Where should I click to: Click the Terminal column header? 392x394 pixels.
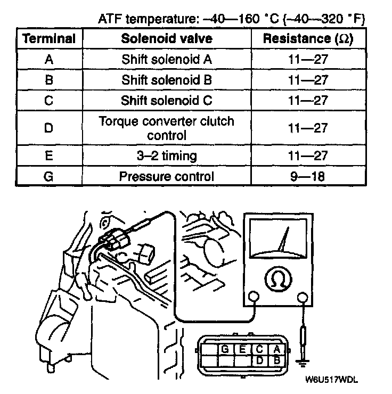tap(48, 39)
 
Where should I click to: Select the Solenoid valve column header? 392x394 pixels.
tap(167, 39)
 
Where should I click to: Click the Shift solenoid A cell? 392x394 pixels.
tap(167, 59)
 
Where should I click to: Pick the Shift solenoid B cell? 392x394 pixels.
tap(167, 80)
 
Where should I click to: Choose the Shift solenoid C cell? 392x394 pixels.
tap(167, 100)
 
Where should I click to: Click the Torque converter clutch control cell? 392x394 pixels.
tap(167, 128)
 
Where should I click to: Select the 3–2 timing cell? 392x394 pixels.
tap(167, 155)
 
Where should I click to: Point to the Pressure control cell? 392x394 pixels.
tap(167, 176)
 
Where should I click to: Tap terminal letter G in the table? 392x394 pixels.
tap(48, 176)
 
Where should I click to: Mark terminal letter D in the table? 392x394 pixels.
tap(48, 128)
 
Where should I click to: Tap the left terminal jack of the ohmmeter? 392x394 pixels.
tap(254, 297)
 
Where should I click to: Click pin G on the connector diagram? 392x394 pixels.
tap(225, 349)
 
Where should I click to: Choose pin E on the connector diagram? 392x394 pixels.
tap(242, 349)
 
